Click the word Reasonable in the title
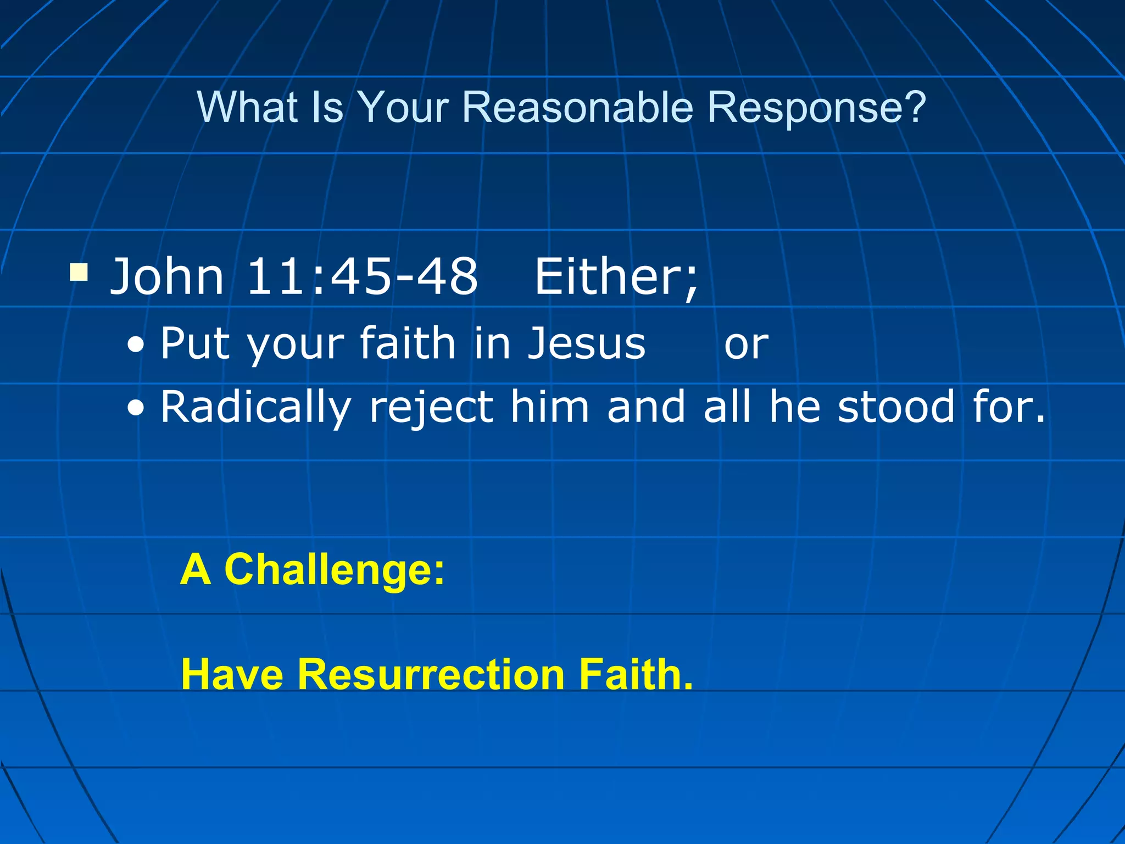pos(577,107)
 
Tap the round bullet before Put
pos(136,346)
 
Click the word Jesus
pos(587,343)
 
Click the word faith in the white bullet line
pos(407,343)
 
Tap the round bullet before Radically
pos(136,409)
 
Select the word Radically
pos(255,408)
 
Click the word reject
pos(431,408)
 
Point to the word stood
pos(896,407)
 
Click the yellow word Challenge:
pos(335,570)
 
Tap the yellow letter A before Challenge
pos(196,570)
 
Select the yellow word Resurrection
pos(431,674)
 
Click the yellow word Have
pos(232,674)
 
